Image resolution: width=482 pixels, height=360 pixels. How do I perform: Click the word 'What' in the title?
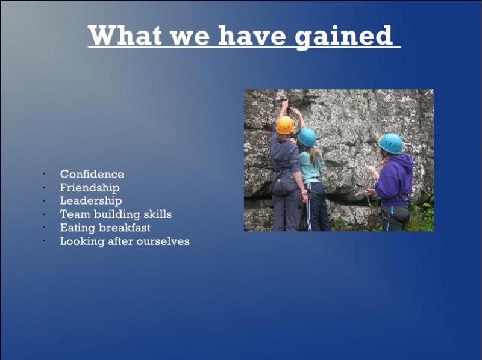(125, 36)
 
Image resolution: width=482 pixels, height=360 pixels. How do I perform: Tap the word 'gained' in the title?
(343, 37)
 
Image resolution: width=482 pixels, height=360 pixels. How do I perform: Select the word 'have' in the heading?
(252, 36)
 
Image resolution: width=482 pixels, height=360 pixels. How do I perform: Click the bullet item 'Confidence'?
(92, 174)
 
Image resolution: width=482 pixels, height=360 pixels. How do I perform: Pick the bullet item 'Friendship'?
(89, 188)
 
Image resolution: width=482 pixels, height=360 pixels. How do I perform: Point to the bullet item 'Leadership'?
(91, 201)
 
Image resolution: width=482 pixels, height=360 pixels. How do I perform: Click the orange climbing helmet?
(285, 125)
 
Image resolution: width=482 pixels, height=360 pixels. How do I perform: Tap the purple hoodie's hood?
(405, 161)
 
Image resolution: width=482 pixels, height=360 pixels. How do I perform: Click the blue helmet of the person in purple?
(390, 143)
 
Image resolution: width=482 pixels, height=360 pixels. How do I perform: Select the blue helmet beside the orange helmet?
(307, 137)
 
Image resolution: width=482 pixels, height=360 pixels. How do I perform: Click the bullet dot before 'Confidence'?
(45, 174)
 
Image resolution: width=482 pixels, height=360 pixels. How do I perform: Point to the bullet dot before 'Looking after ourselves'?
(45, 241)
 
